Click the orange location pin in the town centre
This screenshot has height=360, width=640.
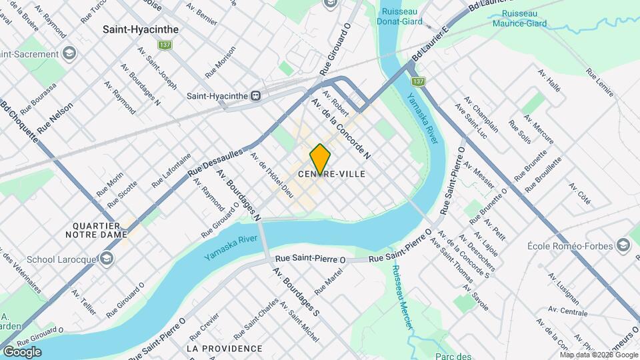321,159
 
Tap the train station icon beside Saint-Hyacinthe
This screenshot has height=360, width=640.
255,95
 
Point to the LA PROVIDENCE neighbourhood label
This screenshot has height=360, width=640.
224,349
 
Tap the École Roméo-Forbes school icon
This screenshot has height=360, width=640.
623,245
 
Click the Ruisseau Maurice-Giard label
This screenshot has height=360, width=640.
524,19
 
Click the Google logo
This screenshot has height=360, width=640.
22,352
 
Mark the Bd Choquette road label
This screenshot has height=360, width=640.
19,119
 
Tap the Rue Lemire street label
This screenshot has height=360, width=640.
600,83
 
